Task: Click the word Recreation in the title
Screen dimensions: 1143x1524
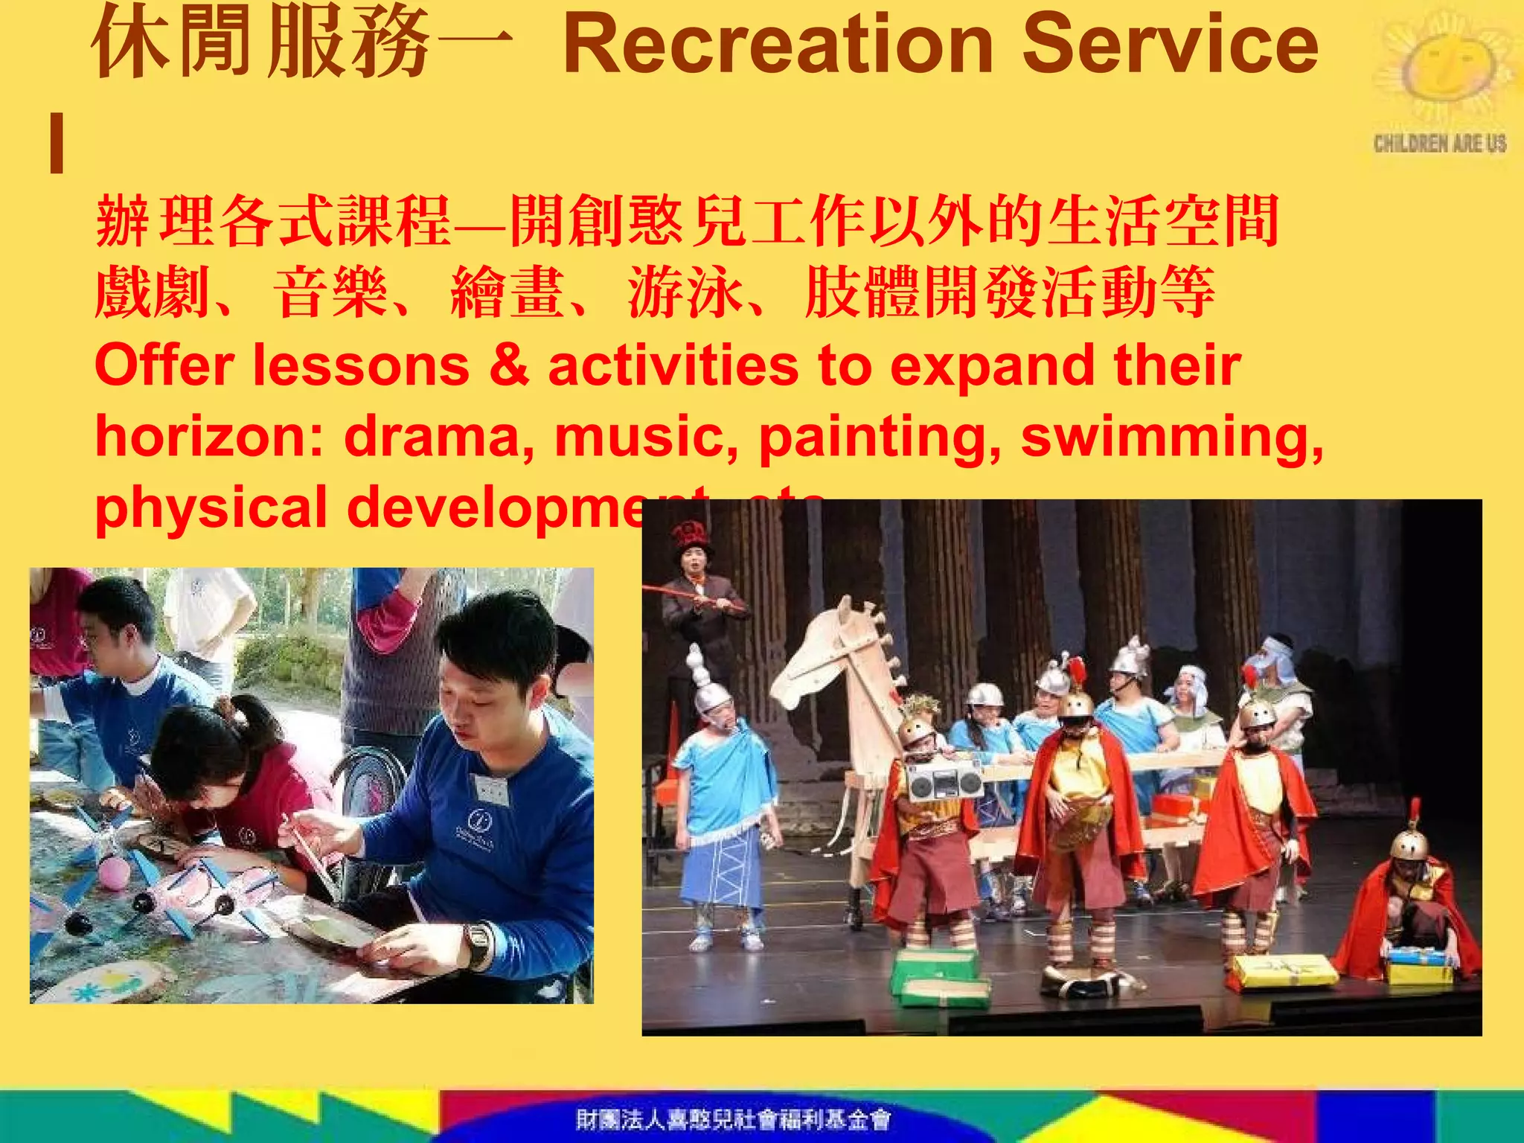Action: pyautogui.click(x=778, y=45)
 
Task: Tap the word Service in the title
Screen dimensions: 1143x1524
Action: pyautogui.click(x=1170, y=45)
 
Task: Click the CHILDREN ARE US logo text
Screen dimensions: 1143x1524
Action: pyautogui.click(x=1439, y=143)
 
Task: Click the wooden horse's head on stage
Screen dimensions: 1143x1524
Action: pyautogui.click(x=826, y=655)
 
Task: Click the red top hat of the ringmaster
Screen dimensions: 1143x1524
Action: pyautogui.click(x=690, y=534)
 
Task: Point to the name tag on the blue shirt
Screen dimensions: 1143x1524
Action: pyautogui.click(x=490, y=789)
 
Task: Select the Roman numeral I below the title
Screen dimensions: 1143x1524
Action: pyautogui.click(x=57, y=143)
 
